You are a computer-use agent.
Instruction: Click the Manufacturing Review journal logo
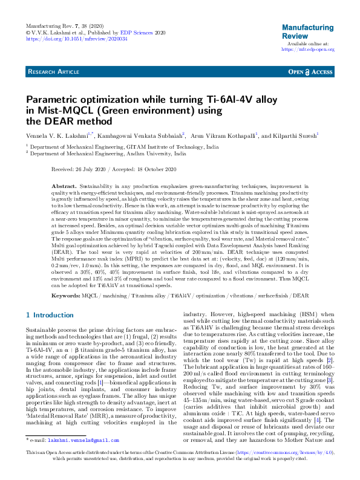point(308,31)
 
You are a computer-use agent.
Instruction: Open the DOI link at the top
point(76,39)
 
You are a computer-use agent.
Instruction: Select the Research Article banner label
point(54,71)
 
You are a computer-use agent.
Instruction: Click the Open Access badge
point(310,71)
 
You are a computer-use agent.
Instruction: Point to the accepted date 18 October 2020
point(157,169)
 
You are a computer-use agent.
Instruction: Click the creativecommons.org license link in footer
point(283,469)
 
